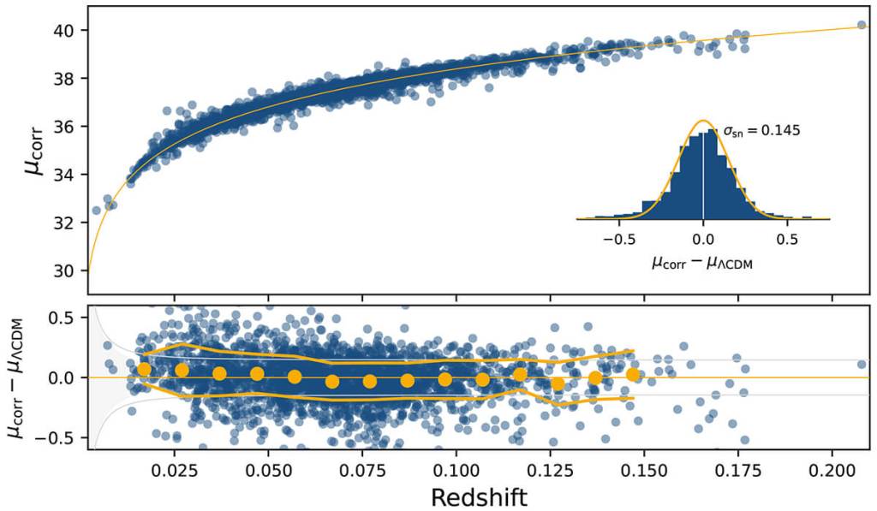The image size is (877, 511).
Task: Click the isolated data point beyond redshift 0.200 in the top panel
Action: [862, 26]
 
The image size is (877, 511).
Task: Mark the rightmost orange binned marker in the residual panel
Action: [633, 374]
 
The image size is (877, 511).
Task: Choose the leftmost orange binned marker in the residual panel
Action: [144, 369]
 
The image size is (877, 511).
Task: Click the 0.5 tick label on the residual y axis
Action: [65, 318]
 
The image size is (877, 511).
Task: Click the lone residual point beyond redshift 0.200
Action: [862, 364]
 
